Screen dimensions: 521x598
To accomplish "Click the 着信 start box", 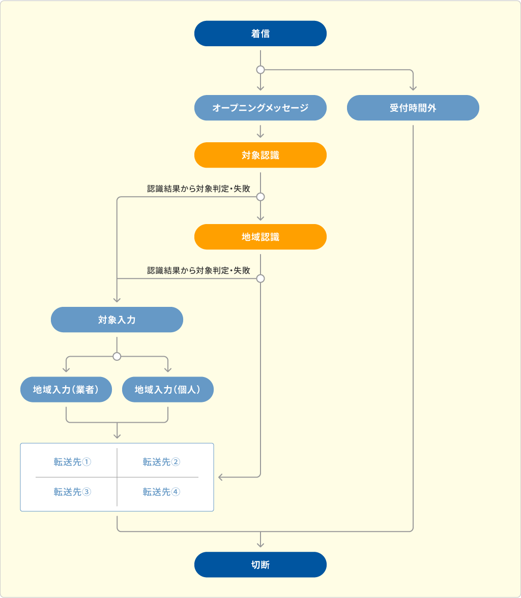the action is tap(260, 34).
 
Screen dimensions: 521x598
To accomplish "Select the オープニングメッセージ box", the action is tap(260, 108).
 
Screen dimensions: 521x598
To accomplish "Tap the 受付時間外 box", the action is tap(413, 108).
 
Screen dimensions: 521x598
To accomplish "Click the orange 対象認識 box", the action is tap(260, 155).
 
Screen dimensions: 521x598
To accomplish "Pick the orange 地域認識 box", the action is tap(260, 237).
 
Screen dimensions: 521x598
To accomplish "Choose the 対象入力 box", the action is tap(117, 320).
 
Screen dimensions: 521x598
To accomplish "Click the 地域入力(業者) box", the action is tap(66, 389).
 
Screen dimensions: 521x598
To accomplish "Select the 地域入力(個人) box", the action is tap(168, 389).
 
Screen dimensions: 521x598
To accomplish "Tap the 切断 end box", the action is tap(260, 564).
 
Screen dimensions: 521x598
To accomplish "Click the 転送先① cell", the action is tap(72, 462).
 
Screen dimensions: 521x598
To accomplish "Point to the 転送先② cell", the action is tap(161, 462).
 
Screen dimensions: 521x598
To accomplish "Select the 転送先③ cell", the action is tap(72, 492).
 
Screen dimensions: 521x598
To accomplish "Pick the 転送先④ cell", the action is tap(161, 492).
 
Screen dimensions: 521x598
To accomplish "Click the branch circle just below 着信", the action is tap(260, 70).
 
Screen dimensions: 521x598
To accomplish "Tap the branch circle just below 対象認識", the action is tap(260, 197).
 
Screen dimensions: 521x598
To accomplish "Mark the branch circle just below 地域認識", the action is tap(260, 278).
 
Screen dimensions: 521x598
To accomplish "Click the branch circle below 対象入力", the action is tap(117, 357).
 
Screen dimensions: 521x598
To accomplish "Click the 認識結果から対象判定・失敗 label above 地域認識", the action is tap(198, 188).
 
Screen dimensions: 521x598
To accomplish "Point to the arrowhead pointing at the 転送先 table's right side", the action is tap(220, 477).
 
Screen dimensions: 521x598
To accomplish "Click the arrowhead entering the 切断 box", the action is tap(260, 545).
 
